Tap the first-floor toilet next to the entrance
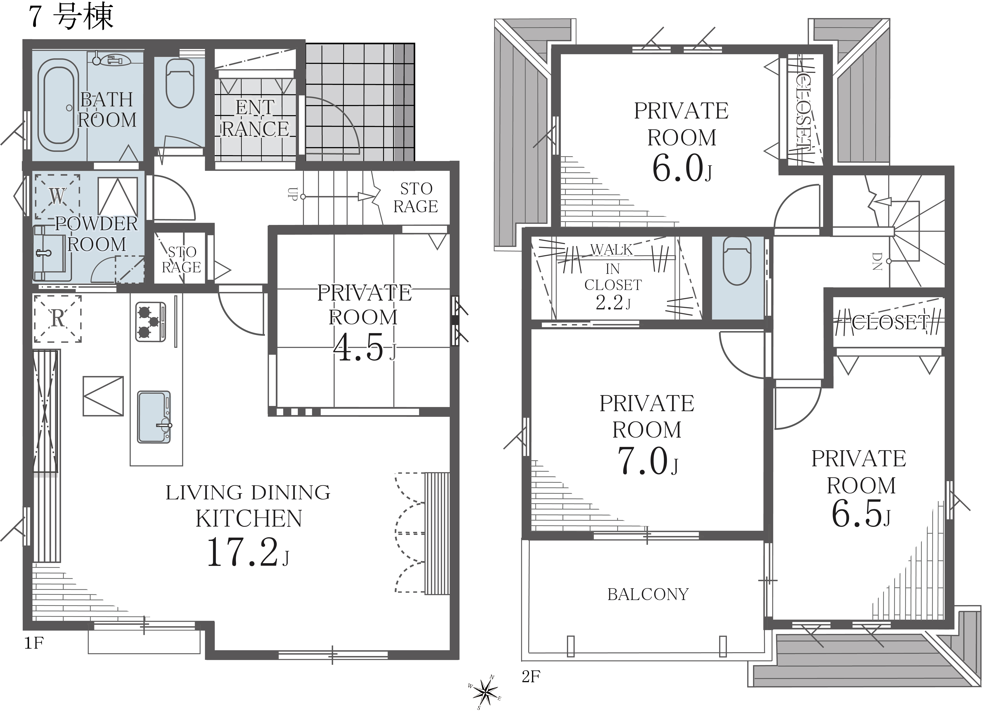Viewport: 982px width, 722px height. coord(180,83)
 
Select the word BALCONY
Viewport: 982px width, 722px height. coord(648,594)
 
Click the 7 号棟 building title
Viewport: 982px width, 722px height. coord(71,17)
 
